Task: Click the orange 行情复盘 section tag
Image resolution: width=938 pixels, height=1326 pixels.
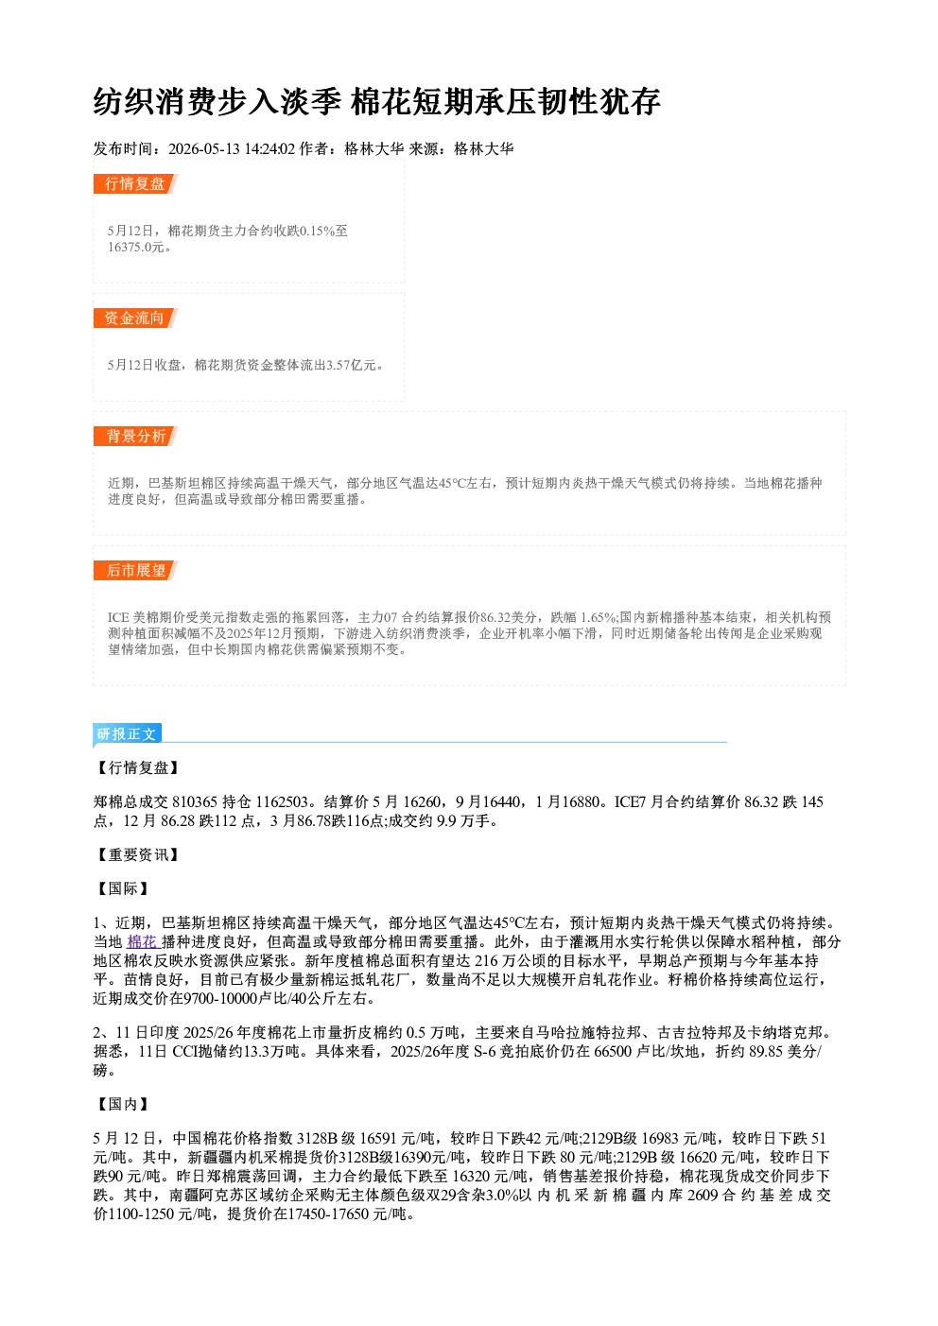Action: point(135,183)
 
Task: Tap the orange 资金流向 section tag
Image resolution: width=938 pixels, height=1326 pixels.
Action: point(135,318)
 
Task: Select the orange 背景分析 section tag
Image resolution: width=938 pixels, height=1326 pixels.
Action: point(135,437)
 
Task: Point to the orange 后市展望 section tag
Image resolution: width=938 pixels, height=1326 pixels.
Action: point(135,571)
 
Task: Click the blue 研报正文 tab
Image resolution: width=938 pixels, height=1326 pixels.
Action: point(127,734)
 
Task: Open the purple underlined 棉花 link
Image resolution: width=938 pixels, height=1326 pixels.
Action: point(143,942)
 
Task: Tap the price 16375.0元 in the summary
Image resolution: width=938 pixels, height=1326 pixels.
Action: point(135,247)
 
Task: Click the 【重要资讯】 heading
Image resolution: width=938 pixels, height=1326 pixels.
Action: point(137,854)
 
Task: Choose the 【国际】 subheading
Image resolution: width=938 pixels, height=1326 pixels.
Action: point(122,888)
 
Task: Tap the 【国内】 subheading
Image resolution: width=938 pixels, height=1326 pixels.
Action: point(122,1104)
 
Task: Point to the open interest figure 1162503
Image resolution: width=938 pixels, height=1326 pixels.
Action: point(282,802)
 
